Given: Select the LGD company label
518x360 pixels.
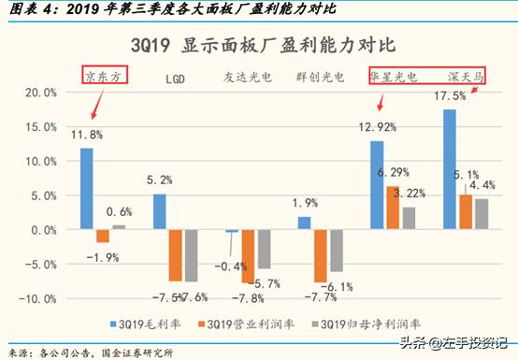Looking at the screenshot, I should click(177, 79).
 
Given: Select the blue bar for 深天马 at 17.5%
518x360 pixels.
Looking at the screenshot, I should click(450, 169).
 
